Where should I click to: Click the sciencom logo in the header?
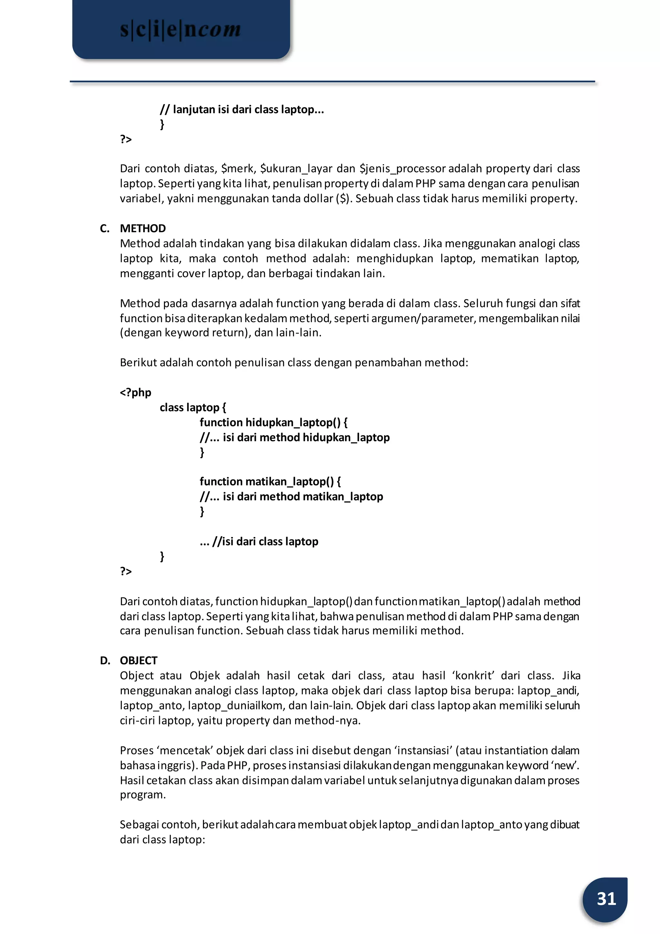pyautogui.click(x=180, y=30)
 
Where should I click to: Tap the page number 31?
pyautogui.click(x=606, y=899)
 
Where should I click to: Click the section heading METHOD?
pyautogui.click(x=143, y=229)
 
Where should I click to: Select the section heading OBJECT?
pyautogui.click(x=138, y=661)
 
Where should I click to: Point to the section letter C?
pyautogui.click(x=104, y=229)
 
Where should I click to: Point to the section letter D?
pyautogui.click(x=105, y=661)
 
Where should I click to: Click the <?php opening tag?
pyautogui.click(x=135, y=392)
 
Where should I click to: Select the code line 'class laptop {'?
pyautogui.click(x=193, y=408)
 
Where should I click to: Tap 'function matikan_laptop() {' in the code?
pyautogui.click(x=270, y=482)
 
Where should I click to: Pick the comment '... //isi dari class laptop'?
pyautogui.click(x=259, y=542)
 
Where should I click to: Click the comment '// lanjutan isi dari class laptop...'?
pyautogui.click(x=242, y=109)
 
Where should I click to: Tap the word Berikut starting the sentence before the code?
pyautogui.click(x=138, y=363)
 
